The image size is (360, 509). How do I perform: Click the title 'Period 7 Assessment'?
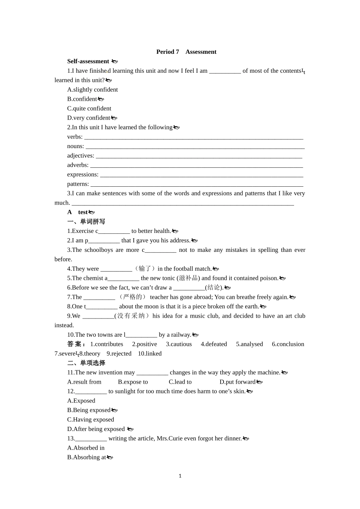point(186,52)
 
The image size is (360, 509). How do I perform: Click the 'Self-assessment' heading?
point(88,61)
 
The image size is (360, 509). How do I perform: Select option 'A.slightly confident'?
point(92,90)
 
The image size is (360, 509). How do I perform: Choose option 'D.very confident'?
point(89,118)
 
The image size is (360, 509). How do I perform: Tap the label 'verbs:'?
point(75,137)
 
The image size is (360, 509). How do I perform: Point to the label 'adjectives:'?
point(81,156)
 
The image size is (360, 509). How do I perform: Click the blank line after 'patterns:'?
point(197,185)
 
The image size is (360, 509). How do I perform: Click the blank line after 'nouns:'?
point(195,147)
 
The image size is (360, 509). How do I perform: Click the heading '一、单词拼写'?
point(86,222)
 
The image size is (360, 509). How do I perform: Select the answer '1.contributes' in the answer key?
point(106,344)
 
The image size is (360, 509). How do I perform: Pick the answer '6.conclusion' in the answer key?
point(288,344)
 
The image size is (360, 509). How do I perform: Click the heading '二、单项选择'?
point(86,363)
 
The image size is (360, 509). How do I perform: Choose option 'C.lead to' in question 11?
point(180,382)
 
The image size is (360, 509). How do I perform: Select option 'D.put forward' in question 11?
point(238,382)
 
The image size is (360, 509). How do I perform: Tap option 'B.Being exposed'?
point(89,410)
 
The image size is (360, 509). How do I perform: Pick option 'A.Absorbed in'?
point(86,448)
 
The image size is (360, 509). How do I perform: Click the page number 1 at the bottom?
point(180,476)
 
